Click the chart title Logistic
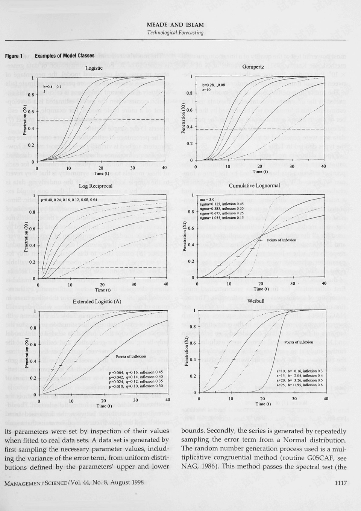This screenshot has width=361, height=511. pos(94,68)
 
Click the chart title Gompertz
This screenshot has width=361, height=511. pos(253,67)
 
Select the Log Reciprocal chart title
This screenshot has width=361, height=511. pos(96,186)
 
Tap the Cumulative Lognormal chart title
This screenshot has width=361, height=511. pos(254,185)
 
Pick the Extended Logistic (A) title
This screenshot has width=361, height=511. pos(97,302)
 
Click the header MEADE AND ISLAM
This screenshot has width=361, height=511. pos(175,25)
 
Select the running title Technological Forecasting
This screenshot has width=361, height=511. pos(175,32)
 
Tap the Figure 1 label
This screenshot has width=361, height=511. pos(14,56)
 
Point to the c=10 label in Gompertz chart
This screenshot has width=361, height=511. pos(206,90)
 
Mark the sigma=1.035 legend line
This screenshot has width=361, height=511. pos(222,218)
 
